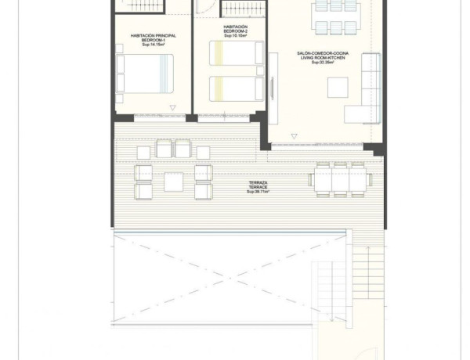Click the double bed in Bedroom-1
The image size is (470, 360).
point(143,74)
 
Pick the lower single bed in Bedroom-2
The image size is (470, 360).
point(236,86)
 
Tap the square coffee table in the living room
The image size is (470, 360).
point(338,88)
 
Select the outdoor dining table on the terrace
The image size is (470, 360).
point(340,179)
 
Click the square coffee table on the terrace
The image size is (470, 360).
point(174,182)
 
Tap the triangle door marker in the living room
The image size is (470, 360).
point(295,136)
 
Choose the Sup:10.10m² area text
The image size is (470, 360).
point(235,36)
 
